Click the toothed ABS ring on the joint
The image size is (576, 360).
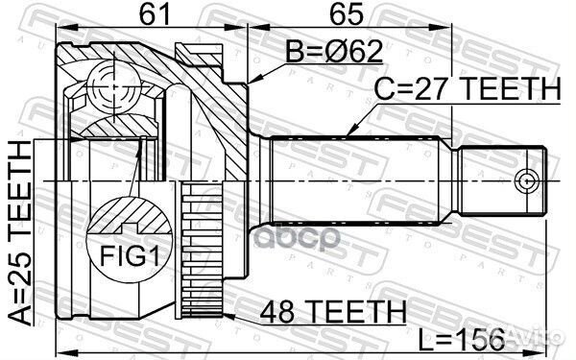(195, 250)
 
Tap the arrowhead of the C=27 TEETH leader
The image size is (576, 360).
(348, 133)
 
